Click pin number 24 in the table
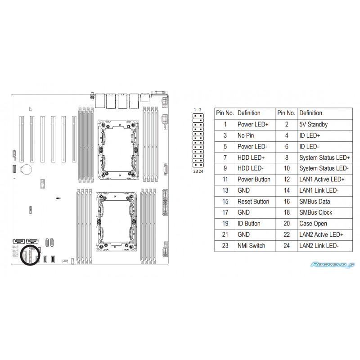pyautogui.click(x=287, y=246)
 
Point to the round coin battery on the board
pyautogui.click(x=26, y=170)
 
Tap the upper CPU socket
pyautogui.click(x=118, y=150)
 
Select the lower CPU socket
pyautogui.click(x=116, y=221)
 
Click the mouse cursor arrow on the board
pyautogui.click(x=31, y=109)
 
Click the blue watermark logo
pyautogui.click(x=333, y=265)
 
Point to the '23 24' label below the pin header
pyautogui.click(x=198, y=171)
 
